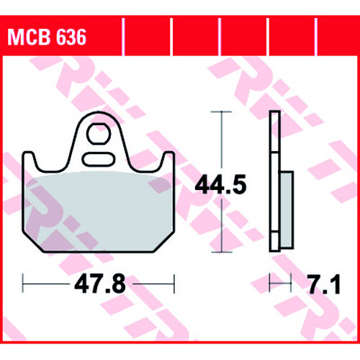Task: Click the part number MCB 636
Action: point(47,37)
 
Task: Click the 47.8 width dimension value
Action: point(100,284)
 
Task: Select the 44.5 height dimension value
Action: point(221,184)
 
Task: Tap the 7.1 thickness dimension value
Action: point(325,284)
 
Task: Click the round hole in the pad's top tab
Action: point(99,134)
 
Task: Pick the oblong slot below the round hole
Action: point(99,159)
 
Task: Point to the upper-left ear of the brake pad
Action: point(28,158)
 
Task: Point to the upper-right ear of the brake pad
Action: point(168,158)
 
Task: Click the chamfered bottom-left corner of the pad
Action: point(33,242)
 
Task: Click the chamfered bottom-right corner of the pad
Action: point(164,242)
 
